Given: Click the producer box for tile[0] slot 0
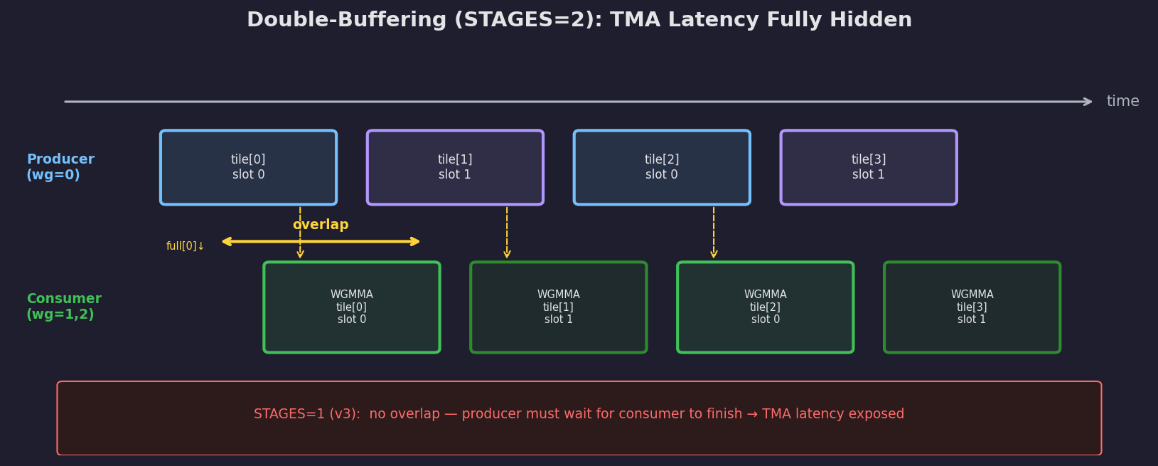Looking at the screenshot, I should (x=248, y=167).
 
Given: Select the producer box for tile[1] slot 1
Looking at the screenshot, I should (x=455, y=167).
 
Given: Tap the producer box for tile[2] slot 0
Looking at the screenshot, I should (x=662, y=167).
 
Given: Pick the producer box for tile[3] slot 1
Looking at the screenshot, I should (x=869, y=167).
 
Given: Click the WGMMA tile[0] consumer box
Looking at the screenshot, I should (x=352, y=307).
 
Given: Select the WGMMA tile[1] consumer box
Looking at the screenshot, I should (x=559, y=307).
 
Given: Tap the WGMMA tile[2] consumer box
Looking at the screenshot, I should (x=766, y=307).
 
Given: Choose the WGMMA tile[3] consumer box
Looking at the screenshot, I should (x=972, y=307).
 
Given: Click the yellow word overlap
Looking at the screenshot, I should (x=321, y=225).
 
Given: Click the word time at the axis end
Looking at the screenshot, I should (x=1122, y=102).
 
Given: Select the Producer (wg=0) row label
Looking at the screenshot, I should (x=60, y=167).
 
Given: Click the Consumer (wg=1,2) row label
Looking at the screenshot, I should (x=64, y=307).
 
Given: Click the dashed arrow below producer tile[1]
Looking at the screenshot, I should (x=507, y=233).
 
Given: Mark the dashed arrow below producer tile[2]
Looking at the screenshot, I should (x=714, y=233).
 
